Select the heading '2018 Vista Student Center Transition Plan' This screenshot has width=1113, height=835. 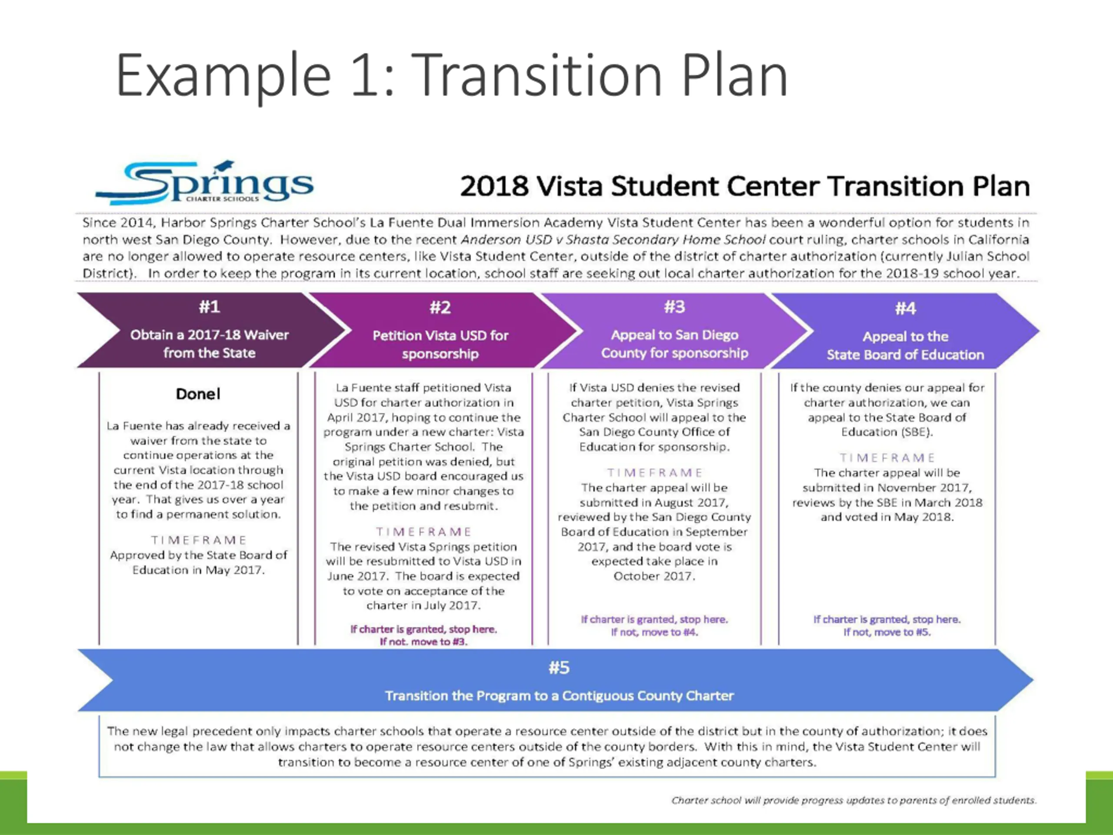pos(745,186)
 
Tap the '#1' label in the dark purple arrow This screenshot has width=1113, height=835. pos(209,307)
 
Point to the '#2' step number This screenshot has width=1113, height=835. pos(440,307)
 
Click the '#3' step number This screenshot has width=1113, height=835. pos(675,307)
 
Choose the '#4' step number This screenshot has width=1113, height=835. pos(905,308)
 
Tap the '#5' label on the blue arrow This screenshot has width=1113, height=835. pos(559,668)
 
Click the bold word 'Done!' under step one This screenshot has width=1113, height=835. pos(198,394)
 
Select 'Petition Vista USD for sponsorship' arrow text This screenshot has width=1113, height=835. pos(440,344)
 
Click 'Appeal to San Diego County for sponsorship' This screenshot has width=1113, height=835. pos(675,344)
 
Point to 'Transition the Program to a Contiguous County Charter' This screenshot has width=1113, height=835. pos(559,695)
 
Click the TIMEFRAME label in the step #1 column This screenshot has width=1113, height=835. pos(199,540)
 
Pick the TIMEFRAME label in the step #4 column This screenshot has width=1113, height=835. pos(887,458)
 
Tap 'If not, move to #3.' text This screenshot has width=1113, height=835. pos(423,642)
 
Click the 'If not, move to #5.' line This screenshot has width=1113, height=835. pos(887,632)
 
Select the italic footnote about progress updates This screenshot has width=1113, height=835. pos(854,800)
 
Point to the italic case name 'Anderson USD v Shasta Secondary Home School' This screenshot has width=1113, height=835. pos(613,240)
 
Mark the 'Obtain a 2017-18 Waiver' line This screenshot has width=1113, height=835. pos(209,335)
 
